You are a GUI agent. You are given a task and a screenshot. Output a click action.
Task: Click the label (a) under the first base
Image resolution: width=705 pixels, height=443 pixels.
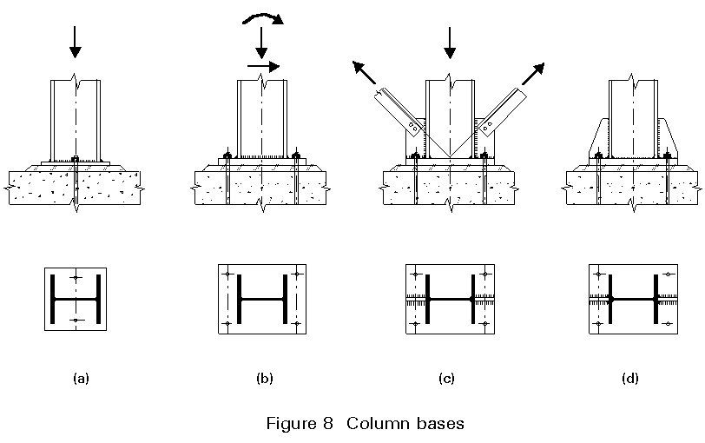[x=81, y=379]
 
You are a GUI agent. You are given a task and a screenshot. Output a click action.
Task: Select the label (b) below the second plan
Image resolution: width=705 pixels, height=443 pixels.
[x=265, y=379]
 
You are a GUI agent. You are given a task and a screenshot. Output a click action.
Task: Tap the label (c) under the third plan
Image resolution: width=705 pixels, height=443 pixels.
[x=448, y=379]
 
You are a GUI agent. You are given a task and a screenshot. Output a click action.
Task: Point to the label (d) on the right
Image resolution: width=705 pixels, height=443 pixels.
[x=631, y=379]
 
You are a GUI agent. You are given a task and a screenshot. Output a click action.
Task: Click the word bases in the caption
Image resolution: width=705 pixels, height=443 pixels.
[x=438, y=424]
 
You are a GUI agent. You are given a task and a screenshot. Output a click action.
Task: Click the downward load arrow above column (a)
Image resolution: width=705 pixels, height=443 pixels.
[x=76, y=41]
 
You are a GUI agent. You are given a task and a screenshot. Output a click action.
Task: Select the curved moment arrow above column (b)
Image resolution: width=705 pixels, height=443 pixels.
[x=267, y=18]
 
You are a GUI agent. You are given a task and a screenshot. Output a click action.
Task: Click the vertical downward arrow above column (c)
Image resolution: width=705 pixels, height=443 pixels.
[x=449, y=42]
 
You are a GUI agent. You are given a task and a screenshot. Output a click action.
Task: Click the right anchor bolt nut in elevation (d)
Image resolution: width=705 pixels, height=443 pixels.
[x=668, y=155]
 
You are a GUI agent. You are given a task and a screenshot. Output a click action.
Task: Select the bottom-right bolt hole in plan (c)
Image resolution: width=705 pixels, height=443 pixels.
[x=484, y=324]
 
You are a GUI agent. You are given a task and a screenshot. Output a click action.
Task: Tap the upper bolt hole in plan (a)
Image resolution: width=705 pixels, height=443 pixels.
[x=76, y=277]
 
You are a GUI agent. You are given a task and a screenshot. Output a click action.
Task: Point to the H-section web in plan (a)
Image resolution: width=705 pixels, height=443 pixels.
[x=76, y=299]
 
